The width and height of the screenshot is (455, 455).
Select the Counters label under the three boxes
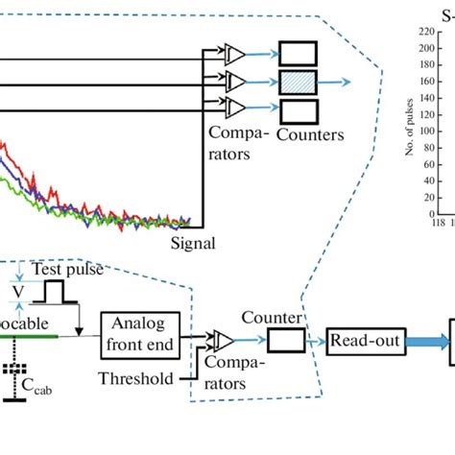click(x=309, y=135)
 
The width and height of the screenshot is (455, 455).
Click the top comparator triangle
click(x=234, y=54)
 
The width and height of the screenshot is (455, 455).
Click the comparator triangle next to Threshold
click(x=225, y=341)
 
